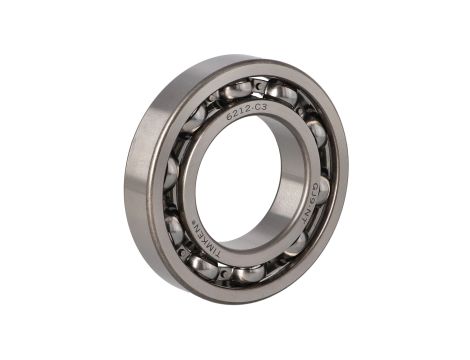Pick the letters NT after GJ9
tap(309, 208)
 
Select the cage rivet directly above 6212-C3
tap(258, 88)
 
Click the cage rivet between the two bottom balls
tap(226, 272)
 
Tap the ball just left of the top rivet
tap(235, 90)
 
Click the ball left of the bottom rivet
tap(204, 265)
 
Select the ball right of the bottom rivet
tap(250, 272)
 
